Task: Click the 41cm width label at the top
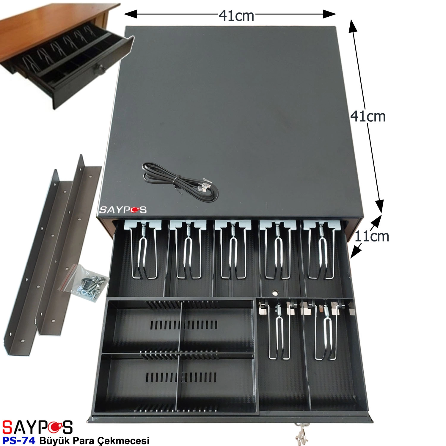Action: [x=236, y=16]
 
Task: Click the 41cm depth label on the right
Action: [x=368, y=116]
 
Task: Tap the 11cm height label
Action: [x=372, y=237]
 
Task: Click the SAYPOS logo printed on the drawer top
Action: [x=123, y=210]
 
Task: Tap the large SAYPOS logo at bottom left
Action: [x=37, y=427]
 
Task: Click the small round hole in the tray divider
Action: [x=275, y=292]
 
